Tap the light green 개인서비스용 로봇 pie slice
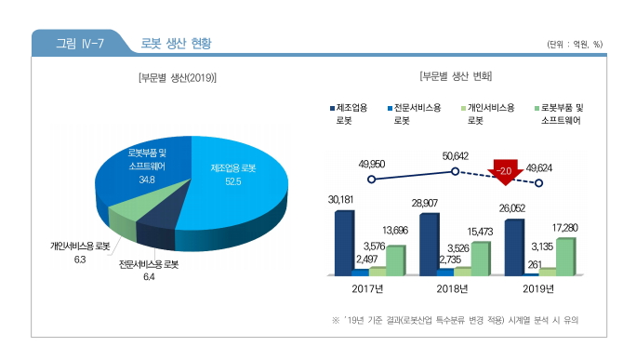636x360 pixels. tap(123, 219)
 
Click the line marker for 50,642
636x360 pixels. tap(455, 171)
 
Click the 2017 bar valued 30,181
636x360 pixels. tap(344, 242)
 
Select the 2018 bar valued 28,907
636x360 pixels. tap(429, 244)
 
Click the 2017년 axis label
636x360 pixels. tap(370, 288)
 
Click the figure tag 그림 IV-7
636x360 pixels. tap(79, 43)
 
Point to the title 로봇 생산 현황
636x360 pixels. tap(176, 43)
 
